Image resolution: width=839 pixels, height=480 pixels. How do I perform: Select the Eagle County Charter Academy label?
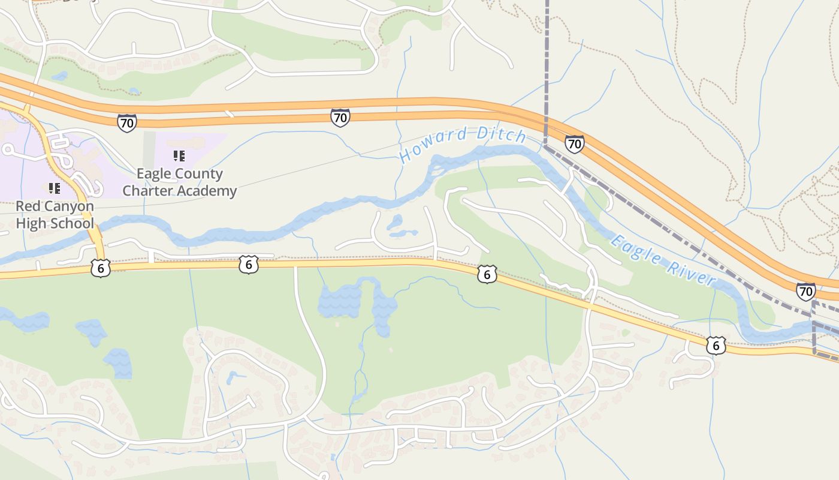(179, 182)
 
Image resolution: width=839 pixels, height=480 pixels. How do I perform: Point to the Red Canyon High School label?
(55, 215)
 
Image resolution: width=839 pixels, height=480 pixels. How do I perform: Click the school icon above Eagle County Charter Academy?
(179, 156)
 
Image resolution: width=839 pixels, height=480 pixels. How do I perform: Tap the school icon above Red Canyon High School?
(55, 188)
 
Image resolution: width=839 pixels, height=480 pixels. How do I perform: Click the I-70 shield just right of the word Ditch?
(574, 144)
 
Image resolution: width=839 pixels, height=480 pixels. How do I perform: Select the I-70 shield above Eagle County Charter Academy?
(127, 122)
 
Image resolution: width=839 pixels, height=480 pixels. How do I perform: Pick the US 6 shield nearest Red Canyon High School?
(101, 268)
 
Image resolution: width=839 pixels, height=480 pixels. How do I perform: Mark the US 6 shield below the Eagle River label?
(716, 345)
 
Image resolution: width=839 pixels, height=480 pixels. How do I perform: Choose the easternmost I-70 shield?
(805, 292)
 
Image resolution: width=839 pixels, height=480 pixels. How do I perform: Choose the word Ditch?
(501, 134)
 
